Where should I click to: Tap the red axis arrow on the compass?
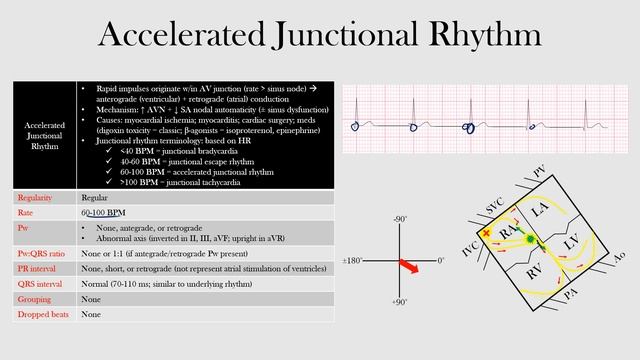pos(410,266)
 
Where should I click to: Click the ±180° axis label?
pos(352,260)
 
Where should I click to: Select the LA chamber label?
pos(541,211)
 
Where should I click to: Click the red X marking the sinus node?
pos(487,233)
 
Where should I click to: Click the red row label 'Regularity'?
pos(36,198)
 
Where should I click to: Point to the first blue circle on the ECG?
pos(356,126)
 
